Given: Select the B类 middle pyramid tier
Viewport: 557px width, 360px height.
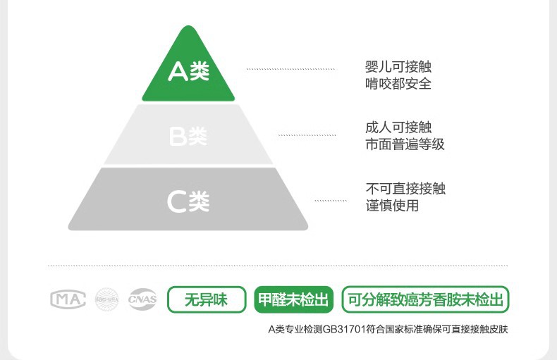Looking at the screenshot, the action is tap(188, 135).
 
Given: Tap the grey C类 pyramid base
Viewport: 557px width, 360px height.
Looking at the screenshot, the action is tap(188, 200).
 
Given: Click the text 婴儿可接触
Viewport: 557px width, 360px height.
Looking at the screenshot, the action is tap(398, 67).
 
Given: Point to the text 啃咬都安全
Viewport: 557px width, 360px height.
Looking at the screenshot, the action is tap(398, 84).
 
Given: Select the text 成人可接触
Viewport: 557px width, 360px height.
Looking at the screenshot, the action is tap(398, 128).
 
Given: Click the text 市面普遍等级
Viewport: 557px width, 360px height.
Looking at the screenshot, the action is tap(405, 144).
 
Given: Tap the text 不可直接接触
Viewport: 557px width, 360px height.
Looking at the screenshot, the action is tap(405, 189).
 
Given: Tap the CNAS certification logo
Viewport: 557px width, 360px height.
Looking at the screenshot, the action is tap(142, 299).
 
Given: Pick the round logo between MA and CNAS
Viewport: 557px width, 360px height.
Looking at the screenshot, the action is tap(107, 299).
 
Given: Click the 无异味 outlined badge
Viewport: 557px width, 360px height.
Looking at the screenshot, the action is tap(206, 299).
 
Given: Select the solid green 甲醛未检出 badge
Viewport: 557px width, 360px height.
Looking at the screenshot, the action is tap(293, 299).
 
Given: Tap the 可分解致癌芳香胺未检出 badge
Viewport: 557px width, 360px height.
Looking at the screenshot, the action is tap(425, 299).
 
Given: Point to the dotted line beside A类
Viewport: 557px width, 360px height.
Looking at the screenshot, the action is tap(290, 69).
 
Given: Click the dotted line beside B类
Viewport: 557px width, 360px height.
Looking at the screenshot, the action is tap(307, 135).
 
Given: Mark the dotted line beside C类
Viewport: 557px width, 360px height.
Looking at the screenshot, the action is tap(331, 201).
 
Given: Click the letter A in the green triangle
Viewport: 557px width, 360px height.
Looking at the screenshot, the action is tap(178, 72).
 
